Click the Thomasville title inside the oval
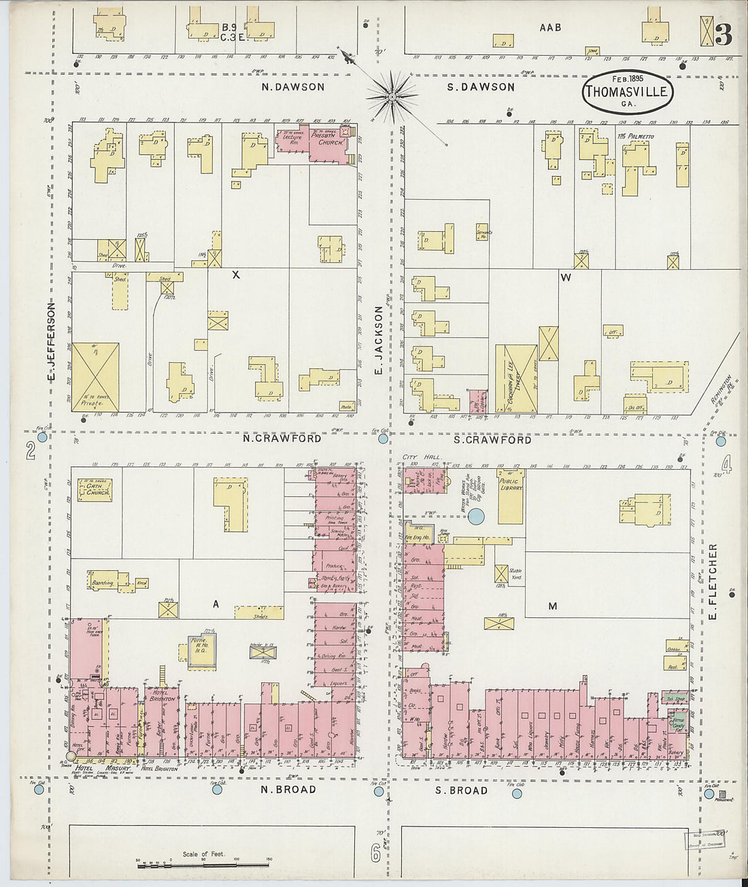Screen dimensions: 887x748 [x=627, y=92]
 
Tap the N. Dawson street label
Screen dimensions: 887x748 [x=293, y=87]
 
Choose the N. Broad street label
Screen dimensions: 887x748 [x=289, y=789]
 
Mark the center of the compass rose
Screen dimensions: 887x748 [x=392, y=97]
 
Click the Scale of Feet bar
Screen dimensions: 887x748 [x=203, y=860]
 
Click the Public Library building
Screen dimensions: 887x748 [x=510, y=496]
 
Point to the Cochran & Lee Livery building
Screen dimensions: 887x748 [x=516, y=379]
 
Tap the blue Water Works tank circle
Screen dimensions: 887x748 [x=477, y=517]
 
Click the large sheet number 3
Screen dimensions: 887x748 [x=723, y=35]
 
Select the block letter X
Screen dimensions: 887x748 [x=236, y=275]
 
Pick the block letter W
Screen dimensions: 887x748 [x=565, y=277]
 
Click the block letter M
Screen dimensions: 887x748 [x=552, y=606]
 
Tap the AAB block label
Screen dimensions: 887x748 [x=550, y=28]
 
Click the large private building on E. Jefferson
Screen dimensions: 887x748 [x=95, y=377]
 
